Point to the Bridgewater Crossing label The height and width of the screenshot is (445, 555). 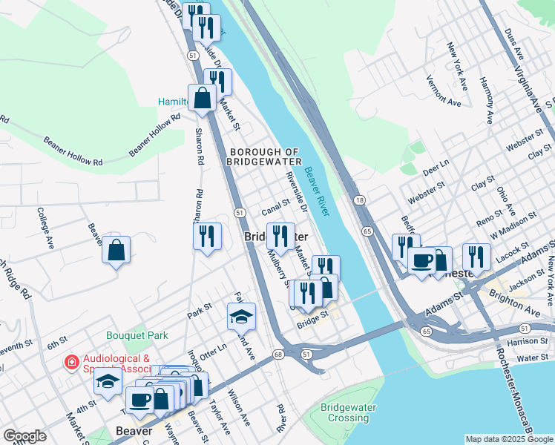[349, 413]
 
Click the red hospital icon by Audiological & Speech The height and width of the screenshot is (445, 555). [71, 363]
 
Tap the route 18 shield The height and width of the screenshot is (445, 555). [360, 200]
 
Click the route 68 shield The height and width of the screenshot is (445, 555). [278, 355]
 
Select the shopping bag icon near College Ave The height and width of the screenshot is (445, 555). [116, 251]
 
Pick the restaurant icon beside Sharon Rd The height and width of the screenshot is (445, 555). [207, 236]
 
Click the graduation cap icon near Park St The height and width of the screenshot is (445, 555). [241, 317]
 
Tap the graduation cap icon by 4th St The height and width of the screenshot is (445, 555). [108, 381]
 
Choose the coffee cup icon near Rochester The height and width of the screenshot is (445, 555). [421, 261]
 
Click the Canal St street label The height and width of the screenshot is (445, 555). [275, 203]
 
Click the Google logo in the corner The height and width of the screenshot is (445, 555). [24, 436]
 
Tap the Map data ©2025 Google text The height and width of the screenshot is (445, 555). [509, 439]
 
